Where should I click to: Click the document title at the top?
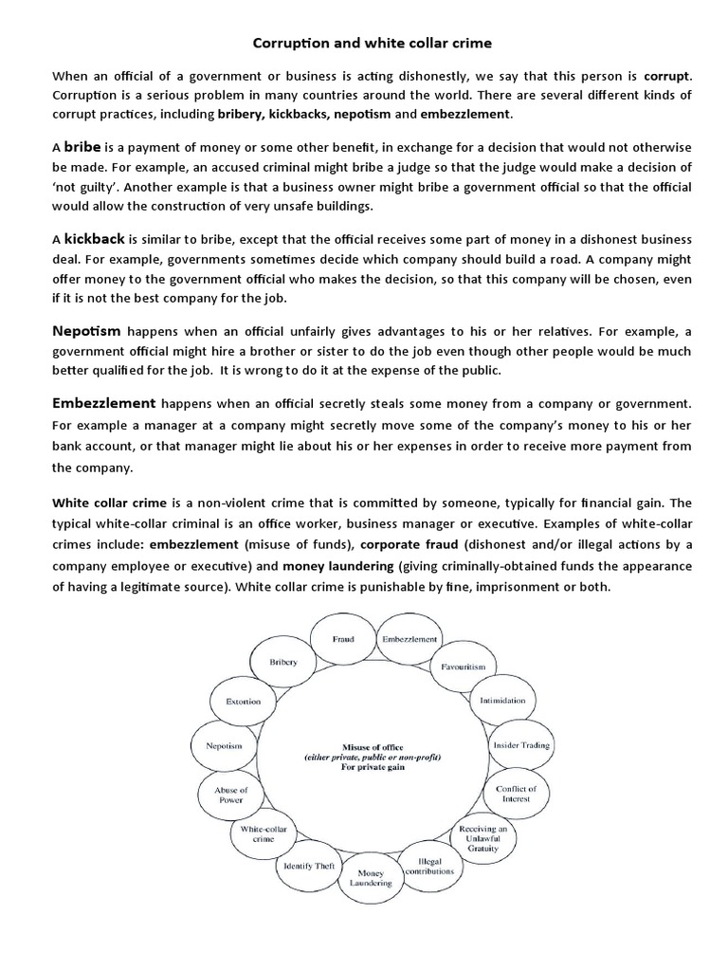coord(364,43)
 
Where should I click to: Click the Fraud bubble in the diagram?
coord(342,639)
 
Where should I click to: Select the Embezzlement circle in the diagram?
coord(409,639)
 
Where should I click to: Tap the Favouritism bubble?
coord(463,667)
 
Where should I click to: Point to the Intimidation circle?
coord(502,702)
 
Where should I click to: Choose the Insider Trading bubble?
coord(520,745)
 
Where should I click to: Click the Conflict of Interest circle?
coord(516,794)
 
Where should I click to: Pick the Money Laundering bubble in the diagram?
coord(364,877)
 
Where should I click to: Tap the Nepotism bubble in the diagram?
coord(224,746)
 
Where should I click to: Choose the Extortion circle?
coord(243,702)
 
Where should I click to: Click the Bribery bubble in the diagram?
coord(283,661)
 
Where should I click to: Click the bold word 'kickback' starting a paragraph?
coord(95,238)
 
